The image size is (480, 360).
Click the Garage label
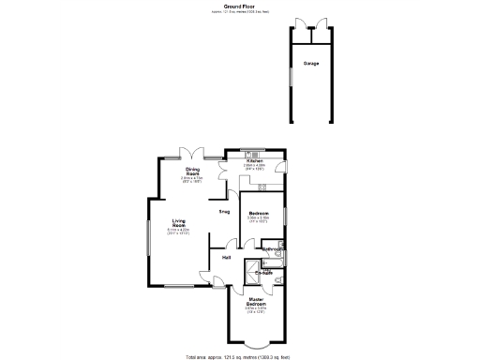310,64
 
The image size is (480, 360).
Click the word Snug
225,212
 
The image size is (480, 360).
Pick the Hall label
227,256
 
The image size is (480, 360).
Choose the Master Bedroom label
256,302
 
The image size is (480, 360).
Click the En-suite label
263,273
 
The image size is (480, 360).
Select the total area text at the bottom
240,355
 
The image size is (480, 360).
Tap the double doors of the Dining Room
192,153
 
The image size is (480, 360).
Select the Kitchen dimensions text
255,168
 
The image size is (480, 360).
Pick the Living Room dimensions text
177,232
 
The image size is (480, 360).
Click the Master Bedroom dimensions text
256,310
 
